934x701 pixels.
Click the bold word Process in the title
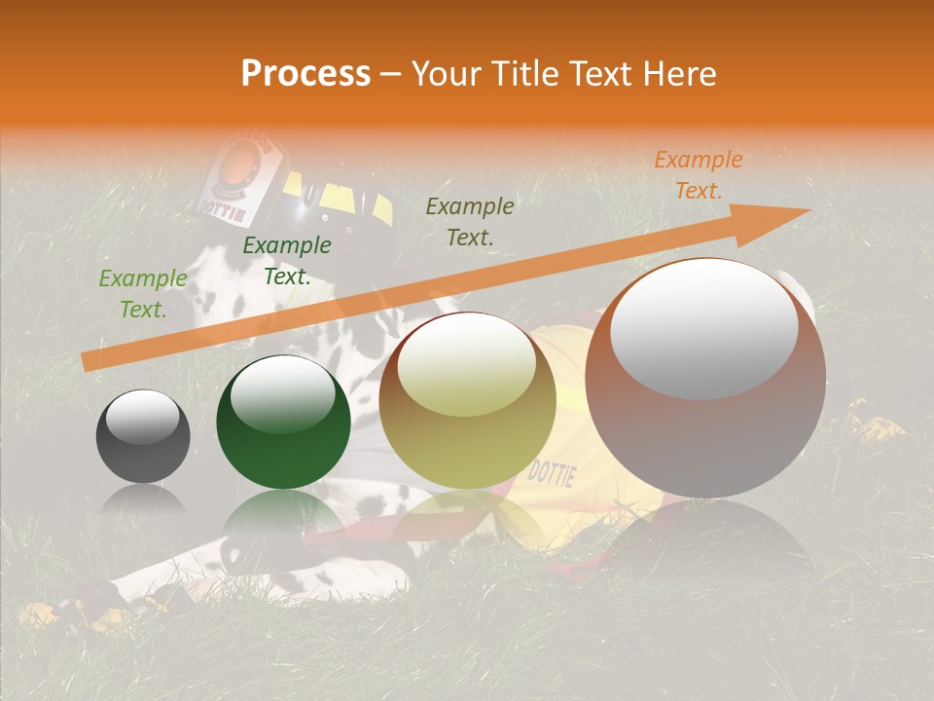[x=305, y=74]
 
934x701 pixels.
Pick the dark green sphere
[x=283, y=422]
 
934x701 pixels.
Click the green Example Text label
[x=143, y=294]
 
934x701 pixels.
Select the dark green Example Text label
[x=287, y=261]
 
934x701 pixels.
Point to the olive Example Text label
[x=470, y=221]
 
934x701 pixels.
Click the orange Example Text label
[x=698, y=175]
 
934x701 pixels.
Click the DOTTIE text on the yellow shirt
[x=552, y=474]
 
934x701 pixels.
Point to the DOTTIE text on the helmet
[x=224, y=205]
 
